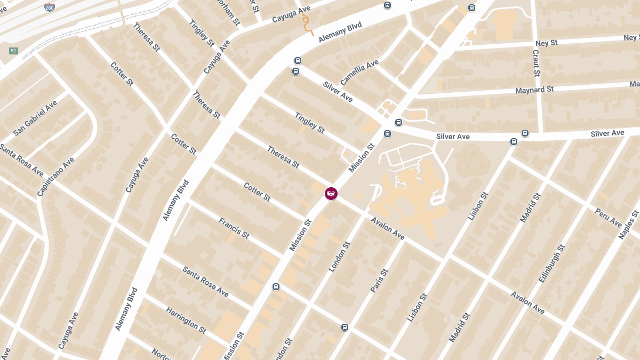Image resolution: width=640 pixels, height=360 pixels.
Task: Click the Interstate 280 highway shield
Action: pos(49,7)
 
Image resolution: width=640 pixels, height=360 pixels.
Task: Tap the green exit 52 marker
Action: pos(13,51)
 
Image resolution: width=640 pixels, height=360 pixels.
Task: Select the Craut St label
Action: pos(535,63)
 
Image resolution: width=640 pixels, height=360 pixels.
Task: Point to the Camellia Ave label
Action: pos(359,72)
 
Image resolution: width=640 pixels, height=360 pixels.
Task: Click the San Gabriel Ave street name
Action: pos(35,117)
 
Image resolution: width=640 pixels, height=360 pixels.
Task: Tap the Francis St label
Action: pos(234,228)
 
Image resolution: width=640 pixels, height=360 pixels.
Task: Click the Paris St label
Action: pos(379,281)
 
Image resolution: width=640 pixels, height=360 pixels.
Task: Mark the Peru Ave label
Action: pos(609,218)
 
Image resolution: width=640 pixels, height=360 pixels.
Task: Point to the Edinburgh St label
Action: pos(551,263)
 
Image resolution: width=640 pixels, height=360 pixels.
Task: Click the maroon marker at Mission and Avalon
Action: pos(331,194)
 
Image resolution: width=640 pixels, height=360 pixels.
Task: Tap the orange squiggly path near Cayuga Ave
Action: pos(306,24)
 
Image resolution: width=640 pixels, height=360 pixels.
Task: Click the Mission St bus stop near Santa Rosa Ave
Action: pos(276,286)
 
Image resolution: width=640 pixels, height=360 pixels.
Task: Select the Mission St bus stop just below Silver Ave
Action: pos(388,133)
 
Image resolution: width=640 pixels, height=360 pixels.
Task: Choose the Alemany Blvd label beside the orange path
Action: pos(340,33)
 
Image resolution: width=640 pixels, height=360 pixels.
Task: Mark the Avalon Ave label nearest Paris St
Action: pos(388,228)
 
